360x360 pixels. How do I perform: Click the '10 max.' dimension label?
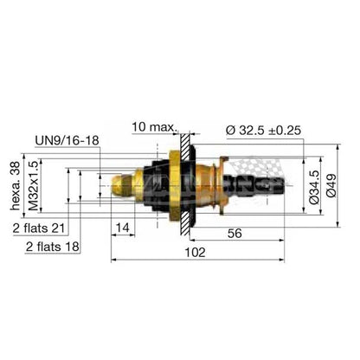(154, 127)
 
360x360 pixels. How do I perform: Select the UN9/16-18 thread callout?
(67, 140)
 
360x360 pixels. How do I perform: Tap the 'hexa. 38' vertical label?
(16, 186)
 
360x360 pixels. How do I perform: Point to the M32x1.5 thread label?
(34, 186)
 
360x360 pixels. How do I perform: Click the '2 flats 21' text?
(39, 228)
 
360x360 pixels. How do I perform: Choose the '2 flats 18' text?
(53, 247)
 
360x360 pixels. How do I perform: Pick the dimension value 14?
(123, 228)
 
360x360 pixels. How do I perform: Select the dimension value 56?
(235, 234)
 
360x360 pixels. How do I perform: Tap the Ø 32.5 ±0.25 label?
(264, 131)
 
